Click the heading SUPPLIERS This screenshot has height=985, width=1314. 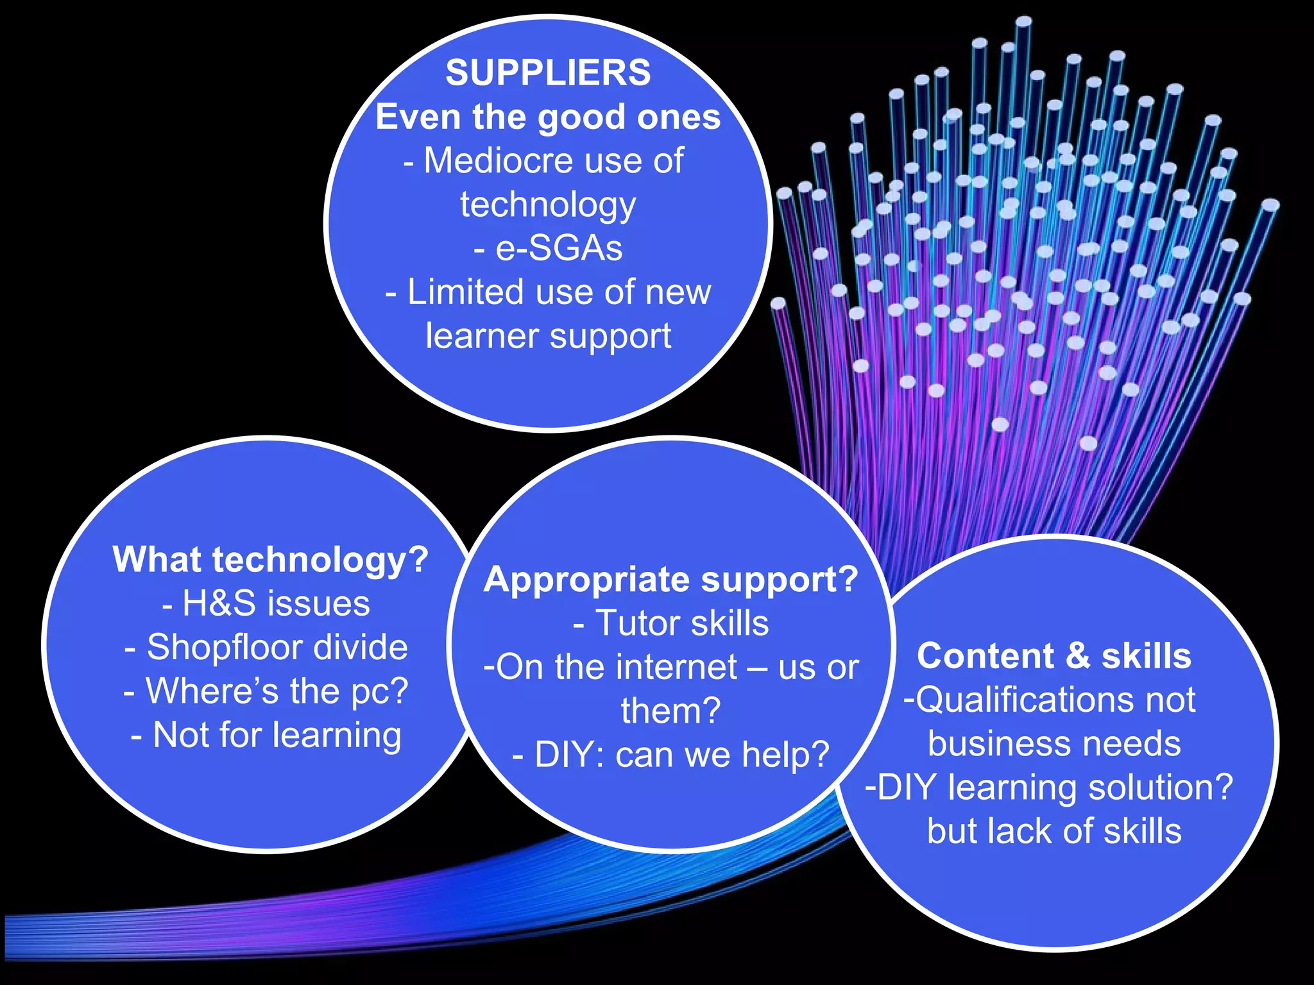click(548, 72)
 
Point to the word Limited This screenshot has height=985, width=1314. click(465, 292)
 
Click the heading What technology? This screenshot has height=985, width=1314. click(270, 559)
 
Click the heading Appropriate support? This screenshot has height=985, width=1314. click(670, 579)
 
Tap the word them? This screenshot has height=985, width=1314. click(670, 711)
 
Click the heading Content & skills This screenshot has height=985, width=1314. click(1054, 656)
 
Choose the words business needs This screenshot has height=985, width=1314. click(1054, 744)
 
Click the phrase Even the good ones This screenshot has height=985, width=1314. click(548, 117)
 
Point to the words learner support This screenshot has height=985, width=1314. click(548, 336)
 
